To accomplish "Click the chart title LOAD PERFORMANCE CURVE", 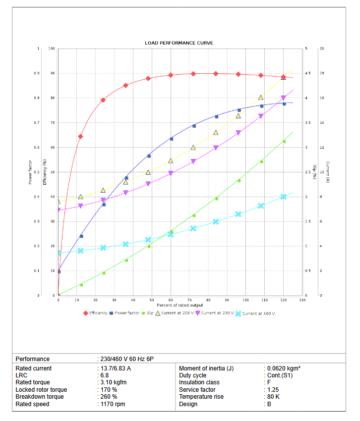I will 179,43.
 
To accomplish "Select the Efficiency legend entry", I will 98,313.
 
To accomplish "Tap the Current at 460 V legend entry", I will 258,313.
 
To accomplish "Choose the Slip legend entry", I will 150,313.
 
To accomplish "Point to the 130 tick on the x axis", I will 302,300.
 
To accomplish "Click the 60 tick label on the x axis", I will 171,300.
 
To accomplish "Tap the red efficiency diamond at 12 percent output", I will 80,136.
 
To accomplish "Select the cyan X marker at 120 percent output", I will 284,197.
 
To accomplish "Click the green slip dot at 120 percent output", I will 284,142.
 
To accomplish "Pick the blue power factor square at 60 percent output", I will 172,139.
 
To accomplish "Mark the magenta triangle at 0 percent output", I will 59,210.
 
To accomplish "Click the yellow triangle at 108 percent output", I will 261,98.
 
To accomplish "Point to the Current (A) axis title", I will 328,172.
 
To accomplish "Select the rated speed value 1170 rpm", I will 113,404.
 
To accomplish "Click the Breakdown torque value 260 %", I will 109,397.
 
